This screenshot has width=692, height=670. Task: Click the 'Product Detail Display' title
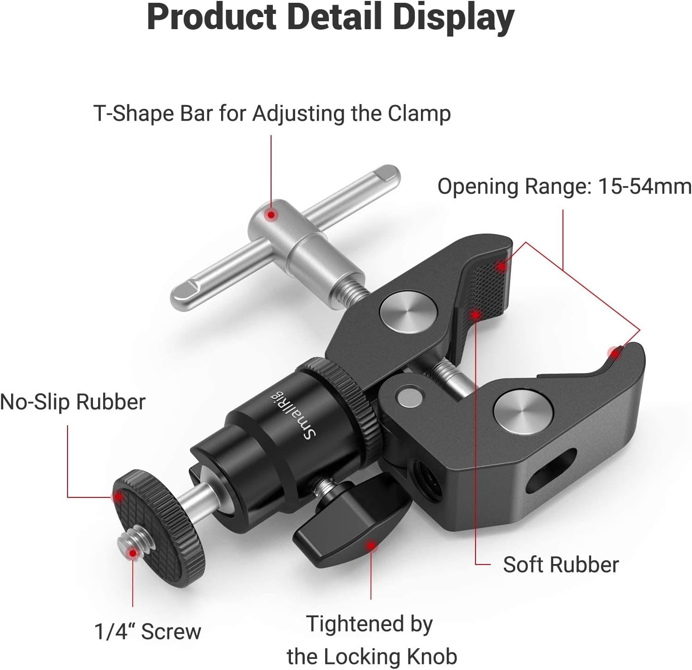pyautogui.click(x=330, y=19)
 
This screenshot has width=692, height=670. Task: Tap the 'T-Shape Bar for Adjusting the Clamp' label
pyautogui.click(x=272, y=114)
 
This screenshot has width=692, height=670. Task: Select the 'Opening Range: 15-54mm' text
pyautogui.click(x=564, y=186)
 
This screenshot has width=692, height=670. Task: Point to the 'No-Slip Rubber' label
pyautogui.click(x=73, y=402)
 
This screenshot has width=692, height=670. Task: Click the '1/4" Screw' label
pyautogui.click(x=148, y=631)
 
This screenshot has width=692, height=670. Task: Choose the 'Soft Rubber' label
pyautogui.click(x=561, y=565)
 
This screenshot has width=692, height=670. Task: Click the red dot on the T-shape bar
pyautogui.click(x=271, y=215)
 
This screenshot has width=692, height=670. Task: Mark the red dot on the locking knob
pyautogui.click(x=370, y=546)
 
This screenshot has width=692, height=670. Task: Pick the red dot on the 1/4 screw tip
pyautogui.click(x=133, y=552)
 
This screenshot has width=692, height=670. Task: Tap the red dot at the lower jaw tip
pyautogui.click(x=615, y=354)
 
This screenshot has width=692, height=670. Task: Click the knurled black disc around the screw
pyautogui.click(x=160, y=523)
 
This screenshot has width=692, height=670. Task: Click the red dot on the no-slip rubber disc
pyautogui.click(x=118, y=497)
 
